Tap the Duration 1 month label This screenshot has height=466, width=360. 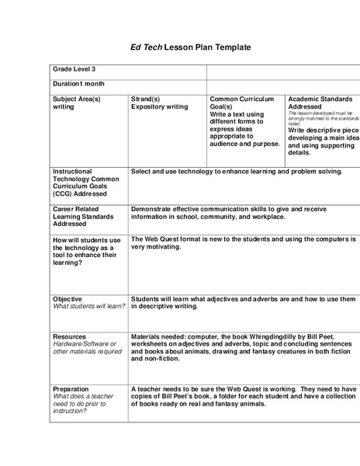coord(78,83)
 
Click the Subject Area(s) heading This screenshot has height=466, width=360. coord(77,99)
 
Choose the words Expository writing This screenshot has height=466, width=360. coord(159,107)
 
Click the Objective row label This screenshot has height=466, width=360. coord(67,298)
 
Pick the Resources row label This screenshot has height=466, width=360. coord(69,336)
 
